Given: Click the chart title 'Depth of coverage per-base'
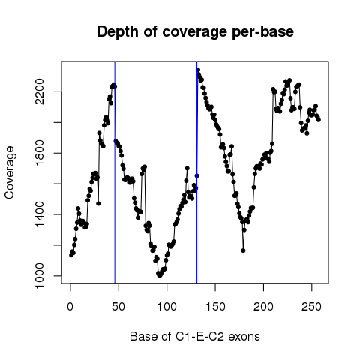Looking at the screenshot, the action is [195, 32].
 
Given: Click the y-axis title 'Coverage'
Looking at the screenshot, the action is [10, 172].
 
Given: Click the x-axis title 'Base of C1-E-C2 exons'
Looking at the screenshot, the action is [195, 336].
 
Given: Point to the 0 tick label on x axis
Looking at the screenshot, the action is [70, 307].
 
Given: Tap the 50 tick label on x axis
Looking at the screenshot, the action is [118, 307].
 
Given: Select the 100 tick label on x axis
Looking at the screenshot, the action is [166, 307].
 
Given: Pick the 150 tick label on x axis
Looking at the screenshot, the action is [215, 307].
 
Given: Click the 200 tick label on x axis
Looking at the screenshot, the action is [263, 307].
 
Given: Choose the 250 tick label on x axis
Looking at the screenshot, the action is [312, 307].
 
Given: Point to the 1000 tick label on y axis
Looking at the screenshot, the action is [40, 276].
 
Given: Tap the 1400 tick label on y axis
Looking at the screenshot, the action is [40, 214].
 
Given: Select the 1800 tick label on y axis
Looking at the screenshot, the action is [40, 153].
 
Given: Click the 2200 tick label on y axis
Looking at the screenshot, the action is [40, 92].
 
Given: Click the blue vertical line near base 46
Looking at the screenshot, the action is [115, 172].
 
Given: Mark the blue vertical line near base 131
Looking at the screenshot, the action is [197, 172].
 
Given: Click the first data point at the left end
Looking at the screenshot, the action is [71, 255].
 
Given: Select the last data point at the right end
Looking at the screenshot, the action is [319, 120].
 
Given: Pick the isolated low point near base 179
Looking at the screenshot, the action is [243, 250].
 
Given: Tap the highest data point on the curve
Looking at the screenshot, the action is [198, 70].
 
